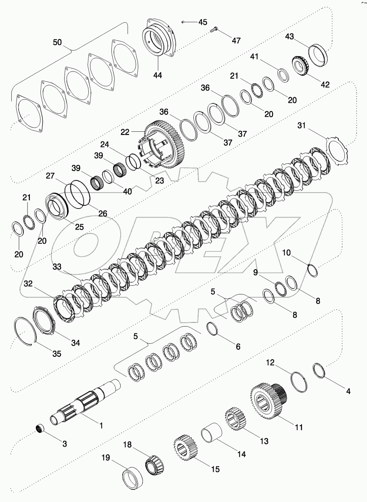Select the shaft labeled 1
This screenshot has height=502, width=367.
[86, 402]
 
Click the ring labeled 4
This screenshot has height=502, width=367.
[320, 371]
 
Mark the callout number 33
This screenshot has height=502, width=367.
[57, 267]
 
